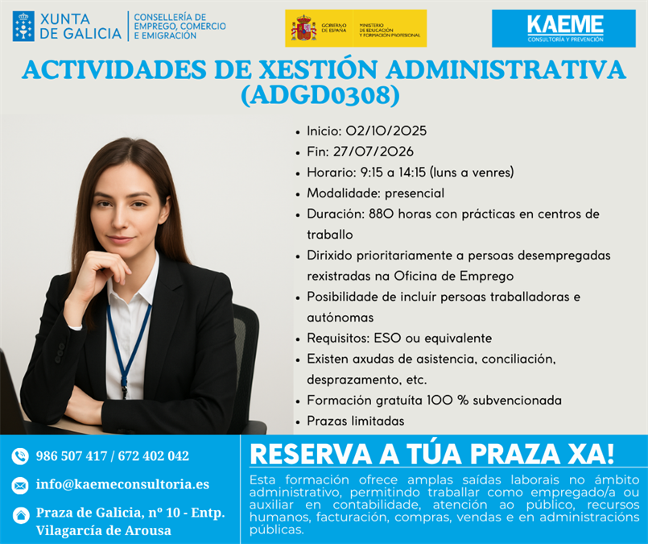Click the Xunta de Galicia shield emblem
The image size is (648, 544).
pos(23,26)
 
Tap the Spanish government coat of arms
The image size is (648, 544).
pos(303,28)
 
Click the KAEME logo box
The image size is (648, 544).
pos(563,28)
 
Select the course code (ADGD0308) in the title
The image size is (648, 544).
pos(320,95)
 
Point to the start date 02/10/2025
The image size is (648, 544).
pos(386,131)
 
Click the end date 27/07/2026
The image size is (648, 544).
pos(374,152)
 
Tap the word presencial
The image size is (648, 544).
pos(415,193)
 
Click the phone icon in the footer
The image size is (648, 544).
pos(20,456)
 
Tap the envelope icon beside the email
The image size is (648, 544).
pos(20,485)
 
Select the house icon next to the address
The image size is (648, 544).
pos(21,515)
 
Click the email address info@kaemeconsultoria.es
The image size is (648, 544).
pos(122,484)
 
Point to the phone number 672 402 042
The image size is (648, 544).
pos(153,456)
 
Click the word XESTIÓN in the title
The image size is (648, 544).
pos(318,69)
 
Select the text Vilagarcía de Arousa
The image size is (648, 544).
pos(103,530)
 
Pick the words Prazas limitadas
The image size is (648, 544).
pos(356,421)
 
